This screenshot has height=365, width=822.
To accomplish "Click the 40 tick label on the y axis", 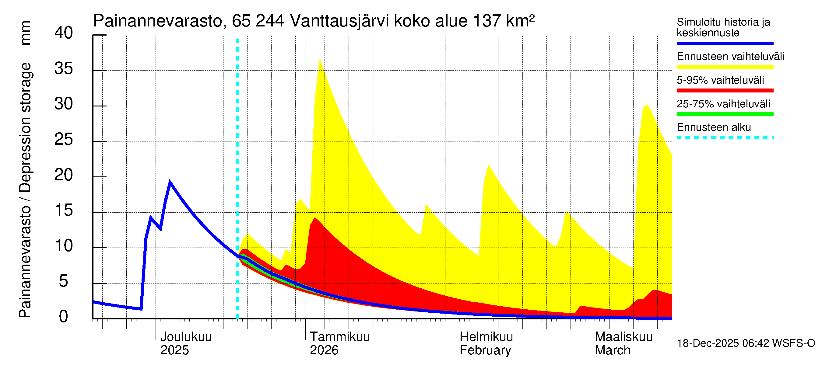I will pos(64,33).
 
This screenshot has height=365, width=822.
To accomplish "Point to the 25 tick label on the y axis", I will pos(64,140).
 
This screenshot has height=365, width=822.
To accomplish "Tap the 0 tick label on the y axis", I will pos(64,317).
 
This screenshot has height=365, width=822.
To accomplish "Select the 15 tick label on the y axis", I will pos(64,211).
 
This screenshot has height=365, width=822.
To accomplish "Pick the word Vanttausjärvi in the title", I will pos(339,21).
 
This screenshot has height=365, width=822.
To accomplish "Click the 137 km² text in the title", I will pos(504,21).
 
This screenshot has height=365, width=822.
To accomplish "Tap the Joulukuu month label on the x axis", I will pos(186,337).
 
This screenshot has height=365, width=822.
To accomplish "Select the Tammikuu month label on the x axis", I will pos(340,337).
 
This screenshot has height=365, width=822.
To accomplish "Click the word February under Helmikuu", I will pos(485,350).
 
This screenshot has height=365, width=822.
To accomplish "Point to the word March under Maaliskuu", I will pos(612,350).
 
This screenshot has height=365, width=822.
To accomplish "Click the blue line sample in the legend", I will pos(725,43).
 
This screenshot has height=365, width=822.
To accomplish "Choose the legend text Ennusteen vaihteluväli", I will pos(730,57).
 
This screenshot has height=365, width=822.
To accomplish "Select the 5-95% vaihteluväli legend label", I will pos(720,80).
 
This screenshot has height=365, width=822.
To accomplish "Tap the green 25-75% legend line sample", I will pos(725,114).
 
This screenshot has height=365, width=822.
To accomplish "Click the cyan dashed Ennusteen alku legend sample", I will pos(725,138).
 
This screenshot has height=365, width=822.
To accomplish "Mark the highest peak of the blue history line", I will pos(170,182).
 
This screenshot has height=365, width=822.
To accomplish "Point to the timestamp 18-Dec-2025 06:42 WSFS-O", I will pos(746,343).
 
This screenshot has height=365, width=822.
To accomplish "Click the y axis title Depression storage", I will pos(26,127).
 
